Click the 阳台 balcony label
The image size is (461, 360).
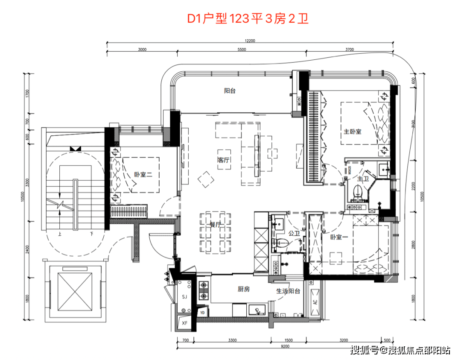230,91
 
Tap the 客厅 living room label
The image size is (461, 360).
224,160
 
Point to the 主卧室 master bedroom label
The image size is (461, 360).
353,131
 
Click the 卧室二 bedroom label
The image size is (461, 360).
143,175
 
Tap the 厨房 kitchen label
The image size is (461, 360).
243,289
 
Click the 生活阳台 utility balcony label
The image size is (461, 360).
288,291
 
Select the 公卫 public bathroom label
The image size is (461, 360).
294,234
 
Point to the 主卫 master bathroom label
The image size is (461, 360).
363,179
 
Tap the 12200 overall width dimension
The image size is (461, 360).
250,41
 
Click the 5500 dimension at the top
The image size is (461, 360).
242,50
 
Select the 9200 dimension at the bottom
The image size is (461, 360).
285,347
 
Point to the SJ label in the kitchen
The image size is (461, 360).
184,296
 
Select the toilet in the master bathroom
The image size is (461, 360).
359,192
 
